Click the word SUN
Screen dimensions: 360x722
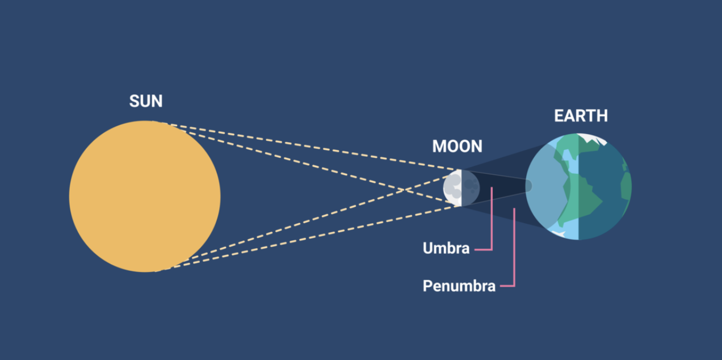(146, 101)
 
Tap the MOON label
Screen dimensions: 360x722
(457, 146)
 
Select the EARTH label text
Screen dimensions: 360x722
(581, 116)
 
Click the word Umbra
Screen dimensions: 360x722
(446, 248)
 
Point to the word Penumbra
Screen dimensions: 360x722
(459, 286)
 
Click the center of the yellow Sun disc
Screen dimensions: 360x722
(145, 196)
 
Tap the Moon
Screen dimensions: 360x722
(461, 188)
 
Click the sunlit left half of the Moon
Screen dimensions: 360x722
(453, 188)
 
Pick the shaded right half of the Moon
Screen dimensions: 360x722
(471, 188)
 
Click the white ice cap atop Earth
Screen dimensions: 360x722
(593, 138)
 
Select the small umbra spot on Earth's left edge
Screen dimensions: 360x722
(528, 186)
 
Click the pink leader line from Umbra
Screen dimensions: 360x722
(491, 227)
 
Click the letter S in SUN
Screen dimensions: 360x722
(135, 101)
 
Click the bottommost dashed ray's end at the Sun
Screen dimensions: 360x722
(156, 271)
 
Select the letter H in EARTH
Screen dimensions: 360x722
(602, 116)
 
